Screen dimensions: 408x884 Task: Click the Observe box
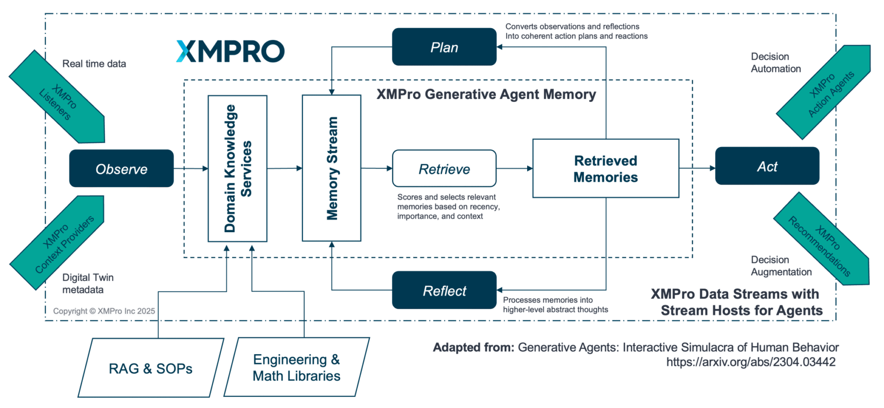click(x=122, y=169)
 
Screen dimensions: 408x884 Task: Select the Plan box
click(x=444, y=47)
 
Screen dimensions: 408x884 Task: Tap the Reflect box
click(x=444, y=290)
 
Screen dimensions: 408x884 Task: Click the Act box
click(x=767, y=166)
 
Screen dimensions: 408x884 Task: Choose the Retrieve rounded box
click(x=444, y=169)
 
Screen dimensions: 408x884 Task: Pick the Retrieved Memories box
click(x=606, y=169)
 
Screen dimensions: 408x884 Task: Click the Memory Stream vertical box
click(x=331, y=168)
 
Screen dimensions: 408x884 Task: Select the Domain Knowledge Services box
click(x=238, y=169)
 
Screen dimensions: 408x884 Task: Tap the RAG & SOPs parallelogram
click(x=151, y=368)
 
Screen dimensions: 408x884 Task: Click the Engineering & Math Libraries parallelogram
click(x=297, y=367)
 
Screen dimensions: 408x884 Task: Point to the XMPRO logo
click(x=230, y=51)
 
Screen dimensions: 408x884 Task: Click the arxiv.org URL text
click(x=750, y=362)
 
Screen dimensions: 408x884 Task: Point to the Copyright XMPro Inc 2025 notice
click(x=104, y=311)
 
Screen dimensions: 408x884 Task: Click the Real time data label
click(x=94, y=64)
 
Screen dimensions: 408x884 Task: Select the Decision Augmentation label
click(x=781, y=266)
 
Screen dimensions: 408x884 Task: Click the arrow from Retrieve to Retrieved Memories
click(x=514, y=169)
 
